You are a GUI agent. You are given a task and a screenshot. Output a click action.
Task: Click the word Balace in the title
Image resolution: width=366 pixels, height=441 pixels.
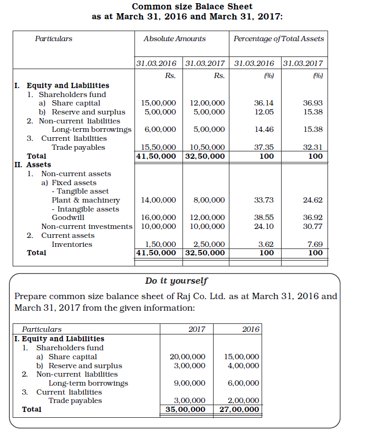pyautogui.click(x=210, y=7)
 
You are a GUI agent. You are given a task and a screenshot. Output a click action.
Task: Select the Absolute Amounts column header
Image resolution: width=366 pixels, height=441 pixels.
pyautogui.click(x=175, y=39)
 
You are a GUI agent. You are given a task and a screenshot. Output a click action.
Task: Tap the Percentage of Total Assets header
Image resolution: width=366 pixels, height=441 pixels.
pyautogui.click(x=278, y=39)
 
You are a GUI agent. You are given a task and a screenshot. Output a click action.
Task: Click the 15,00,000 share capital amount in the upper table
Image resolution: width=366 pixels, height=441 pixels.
pyautogui.click(x=159, y=103)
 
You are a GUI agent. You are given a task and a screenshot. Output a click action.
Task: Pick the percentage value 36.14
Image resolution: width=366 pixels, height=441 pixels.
pyautogui.click(x=263, y=103)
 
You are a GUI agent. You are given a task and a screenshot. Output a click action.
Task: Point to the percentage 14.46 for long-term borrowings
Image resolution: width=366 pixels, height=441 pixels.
pyautogui.click(x=263, y=129)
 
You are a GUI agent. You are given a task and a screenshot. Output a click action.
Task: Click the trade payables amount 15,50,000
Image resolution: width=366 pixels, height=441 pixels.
pyautogui.click(x=159, y=147)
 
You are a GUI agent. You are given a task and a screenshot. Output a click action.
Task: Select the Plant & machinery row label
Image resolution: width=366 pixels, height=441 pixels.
pyautogui.click(x=85, y=200)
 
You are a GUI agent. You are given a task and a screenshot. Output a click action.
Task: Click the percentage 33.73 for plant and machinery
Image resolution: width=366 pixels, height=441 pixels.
pyautogui.click(x=263, y=200)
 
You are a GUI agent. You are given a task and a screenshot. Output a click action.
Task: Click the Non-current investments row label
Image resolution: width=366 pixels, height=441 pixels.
pyautogui.click(x=87, y=226)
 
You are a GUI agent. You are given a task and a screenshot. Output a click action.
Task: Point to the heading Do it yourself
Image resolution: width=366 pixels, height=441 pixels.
pyautogui.click(x=176, y=281)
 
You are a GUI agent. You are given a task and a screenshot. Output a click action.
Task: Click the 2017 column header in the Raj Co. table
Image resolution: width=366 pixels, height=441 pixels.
pyautogui.click(x=197, y=329)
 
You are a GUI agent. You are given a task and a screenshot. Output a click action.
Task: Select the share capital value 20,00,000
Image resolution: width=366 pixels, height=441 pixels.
pyautogui.click(x=187, y=357)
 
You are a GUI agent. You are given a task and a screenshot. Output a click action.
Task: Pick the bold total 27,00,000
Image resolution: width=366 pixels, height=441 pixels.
pyautogui.click(x=239, y=409)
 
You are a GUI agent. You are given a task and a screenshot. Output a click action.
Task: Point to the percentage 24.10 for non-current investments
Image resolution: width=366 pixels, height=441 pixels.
pyautogui.click(x=263, y=226)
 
